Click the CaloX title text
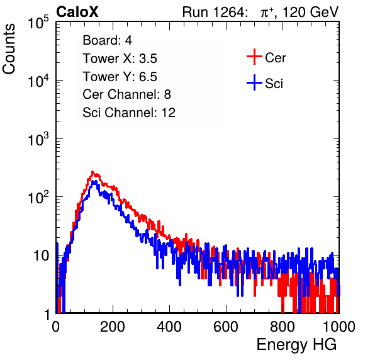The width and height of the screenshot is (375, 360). pos(77,12)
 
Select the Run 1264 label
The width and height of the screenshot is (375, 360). pos(214,12)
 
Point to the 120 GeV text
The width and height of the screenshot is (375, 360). pos(311,12)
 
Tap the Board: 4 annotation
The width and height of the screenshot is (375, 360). pos(107,40)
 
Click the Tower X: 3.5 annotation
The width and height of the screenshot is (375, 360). pos(120,59)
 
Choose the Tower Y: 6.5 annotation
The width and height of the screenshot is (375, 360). pos(120,77)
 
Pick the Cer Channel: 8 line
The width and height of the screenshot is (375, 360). pos(126,94)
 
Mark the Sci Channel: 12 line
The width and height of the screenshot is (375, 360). pos(129,113)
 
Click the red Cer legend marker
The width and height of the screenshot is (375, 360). pos(254,57)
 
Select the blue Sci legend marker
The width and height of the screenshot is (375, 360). pos(254,82)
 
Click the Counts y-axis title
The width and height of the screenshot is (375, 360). pos(9,49)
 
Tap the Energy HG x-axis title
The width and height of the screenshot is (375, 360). pos(296,345)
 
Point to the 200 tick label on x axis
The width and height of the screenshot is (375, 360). pos(113,327)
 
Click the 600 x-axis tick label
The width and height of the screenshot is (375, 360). pos(226,327)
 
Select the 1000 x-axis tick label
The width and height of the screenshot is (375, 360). pos(339,327)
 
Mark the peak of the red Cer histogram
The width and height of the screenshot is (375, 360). pos(92,172)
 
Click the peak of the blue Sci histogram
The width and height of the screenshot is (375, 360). pos(95,181)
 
